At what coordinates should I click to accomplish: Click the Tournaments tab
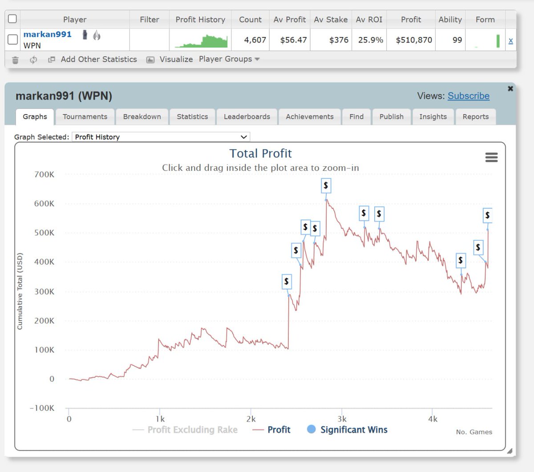pos(85,116)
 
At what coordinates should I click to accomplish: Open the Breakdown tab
pos(142,116)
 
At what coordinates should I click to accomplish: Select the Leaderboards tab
pos(247,116)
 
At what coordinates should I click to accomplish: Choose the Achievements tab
pos(309,116)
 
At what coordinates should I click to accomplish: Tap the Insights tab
pos(433,116)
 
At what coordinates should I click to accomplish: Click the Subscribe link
pos(468,96)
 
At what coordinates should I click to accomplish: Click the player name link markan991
pos(47,34)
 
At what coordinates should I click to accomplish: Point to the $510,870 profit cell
pos(414,40)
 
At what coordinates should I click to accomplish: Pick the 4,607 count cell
pos(255,40)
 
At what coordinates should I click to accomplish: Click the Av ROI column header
pos(369,20)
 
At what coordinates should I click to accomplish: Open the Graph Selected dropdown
pos(161,137)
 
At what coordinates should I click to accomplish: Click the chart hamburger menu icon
pos(491,157)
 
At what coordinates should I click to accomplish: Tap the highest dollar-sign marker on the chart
pos(326,185)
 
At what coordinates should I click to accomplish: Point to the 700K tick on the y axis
pos(44,174)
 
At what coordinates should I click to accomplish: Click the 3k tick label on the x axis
pos(342,419)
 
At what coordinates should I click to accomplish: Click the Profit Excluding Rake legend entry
pos(192,430)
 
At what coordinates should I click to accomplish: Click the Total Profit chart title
pos(260,153)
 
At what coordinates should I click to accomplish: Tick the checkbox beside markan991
pos(13,40)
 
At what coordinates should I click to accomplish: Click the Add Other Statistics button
pos(98,59)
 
